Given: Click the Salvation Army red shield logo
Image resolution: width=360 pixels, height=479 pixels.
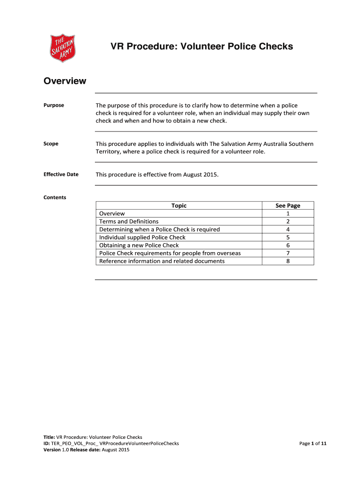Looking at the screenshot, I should point(63,48).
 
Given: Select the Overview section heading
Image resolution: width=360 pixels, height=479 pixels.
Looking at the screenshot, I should point(65,81).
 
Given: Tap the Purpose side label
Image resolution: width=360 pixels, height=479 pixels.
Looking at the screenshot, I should point(54,105).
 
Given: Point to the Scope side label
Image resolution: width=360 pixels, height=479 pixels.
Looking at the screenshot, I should point(51,144).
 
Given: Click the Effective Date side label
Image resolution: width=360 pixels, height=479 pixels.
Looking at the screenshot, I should point(61,174).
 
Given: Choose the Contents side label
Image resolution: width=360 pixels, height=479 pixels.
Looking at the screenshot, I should point(55,197).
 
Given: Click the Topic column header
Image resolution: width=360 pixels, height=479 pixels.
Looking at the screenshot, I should point(179,205).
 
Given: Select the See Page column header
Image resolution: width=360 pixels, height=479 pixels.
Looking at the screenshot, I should point(288,205).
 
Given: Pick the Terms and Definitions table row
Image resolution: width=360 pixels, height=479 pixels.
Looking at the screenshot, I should point(129,221).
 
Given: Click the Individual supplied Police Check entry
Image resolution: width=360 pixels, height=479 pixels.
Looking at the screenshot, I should point(142,237).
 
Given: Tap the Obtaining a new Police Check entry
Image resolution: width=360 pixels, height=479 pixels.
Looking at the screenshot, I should point(139,245).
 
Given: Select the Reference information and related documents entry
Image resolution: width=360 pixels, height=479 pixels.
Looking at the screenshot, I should point(162,261).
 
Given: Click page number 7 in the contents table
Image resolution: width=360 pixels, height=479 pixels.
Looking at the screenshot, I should point(288,253).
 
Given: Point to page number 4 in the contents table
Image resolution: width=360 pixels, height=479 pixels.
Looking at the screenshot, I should point(288,229).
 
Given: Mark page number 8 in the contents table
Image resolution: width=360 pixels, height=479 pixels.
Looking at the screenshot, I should point(288,261).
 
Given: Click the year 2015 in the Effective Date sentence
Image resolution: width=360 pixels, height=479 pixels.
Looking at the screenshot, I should point(209,174).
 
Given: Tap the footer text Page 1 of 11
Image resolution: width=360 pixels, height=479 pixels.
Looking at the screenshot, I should point(313,443).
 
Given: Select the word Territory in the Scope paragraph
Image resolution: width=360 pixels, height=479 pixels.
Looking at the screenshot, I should point(108,152).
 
